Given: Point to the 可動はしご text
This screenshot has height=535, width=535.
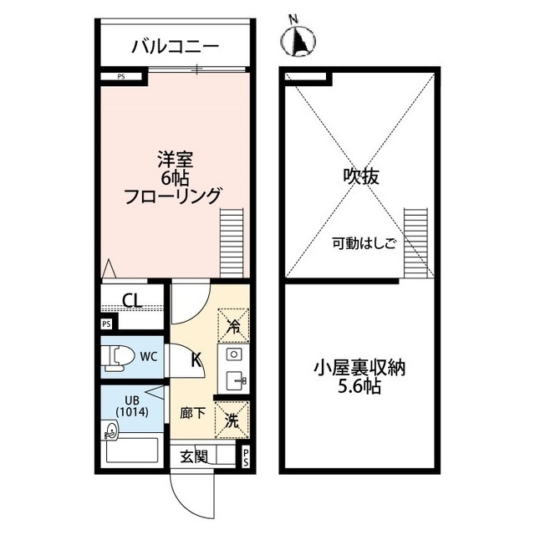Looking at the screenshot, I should (x=363, y=244).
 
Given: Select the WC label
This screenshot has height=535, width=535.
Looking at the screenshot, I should (x=149, y=356).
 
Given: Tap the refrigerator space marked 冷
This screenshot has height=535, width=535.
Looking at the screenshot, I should (x=233, y=325).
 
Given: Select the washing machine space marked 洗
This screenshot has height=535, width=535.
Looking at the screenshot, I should (x=232, y=420).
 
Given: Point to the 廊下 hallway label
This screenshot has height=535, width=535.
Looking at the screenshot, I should (x=193, y=414).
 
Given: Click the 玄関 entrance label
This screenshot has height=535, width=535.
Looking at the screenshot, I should (x=193, y=456).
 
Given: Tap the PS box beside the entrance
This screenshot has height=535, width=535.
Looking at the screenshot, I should (x=245, y=456).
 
